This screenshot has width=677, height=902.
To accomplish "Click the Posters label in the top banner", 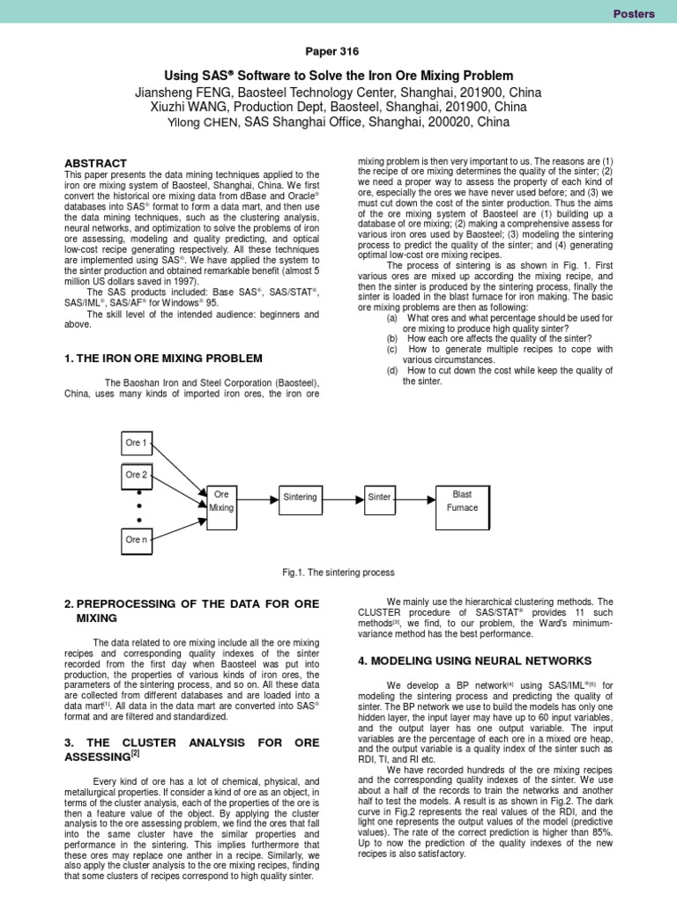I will (x=634, y=13).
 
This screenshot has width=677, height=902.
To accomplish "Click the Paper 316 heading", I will (x=338, y=52).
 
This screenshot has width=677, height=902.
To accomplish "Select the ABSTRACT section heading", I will (x=96, y=163).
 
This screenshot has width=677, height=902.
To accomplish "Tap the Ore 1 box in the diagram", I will (x=136, y=442).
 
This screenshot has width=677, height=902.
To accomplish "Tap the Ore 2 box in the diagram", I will (x=136, y=475).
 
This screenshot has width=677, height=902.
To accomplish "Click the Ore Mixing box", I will (x=222, y=502).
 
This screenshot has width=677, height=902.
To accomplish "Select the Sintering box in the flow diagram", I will (x=300, y=497).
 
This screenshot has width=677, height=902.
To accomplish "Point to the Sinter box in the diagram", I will (x=380, y=497).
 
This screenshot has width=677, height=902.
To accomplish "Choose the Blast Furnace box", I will (x=462, y=501).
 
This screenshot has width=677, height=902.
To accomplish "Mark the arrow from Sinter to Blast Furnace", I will (x=414, y=497).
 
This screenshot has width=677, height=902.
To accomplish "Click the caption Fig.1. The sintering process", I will (x=338, y=573).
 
